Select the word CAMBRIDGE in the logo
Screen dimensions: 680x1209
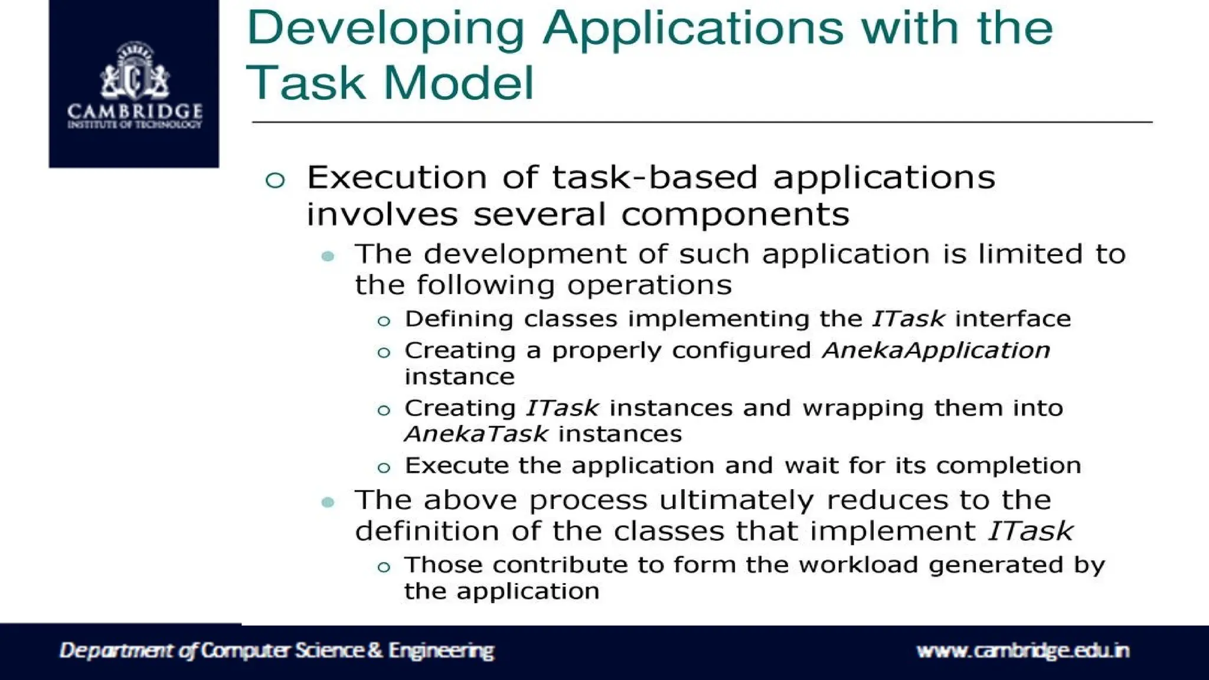[x=135, y=110]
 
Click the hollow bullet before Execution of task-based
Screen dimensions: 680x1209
[x=275, y=179]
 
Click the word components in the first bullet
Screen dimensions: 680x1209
[x=735, y=215]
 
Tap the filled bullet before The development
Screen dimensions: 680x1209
[x=328, y=256]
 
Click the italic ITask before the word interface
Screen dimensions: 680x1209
[x=909, y=319]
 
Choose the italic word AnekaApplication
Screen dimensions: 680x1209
[x=936, y=350]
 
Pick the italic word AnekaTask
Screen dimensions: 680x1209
[x=476, y=434]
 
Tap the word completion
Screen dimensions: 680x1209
[x=1008, y=465]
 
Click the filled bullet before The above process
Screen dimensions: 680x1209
[x=328, y=502]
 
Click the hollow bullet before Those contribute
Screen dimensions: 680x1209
[x=384, y=567]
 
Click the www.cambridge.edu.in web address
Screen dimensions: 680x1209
[x=1022, y=650]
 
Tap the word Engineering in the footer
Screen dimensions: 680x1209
[x=441, y=650]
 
